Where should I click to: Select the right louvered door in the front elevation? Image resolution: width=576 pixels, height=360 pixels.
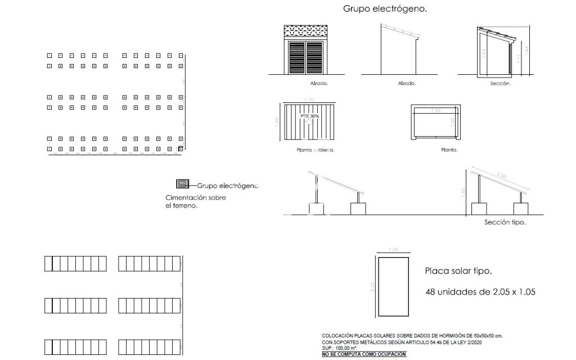[314, 57]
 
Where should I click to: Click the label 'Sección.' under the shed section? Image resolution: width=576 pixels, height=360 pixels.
[500, 83]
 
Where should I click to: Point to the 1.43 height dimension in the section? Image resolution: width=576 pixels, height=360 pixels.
[484, 55]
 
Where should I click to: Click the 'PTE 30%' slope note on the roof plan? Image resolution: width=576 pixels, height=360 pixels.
[309, 116]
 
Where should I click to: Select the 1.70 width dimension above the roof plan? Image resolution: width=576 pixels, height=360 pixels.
[309, 100]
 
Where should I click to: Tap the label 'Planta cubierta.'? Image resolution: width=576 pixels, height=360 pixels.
[315, 150]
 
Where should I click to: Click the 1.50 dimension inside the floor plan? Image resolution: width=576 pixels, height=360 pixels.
[435, 111]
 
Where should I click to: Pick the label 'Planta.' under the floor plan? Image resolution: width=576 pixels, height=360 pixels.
[449, 150]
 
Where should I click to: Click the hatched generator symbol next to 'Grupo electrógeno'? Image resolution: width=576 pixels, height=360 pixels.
[182, 184]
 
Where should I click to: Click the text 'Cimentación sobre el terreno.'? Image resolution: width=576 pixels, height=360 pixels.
[195, 202]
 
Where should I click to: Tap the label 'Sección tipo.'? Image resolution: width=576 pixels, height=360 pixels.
[505, 222]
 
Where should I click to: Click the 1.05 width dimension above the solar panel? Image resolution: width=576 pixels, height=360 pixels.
[393, 249]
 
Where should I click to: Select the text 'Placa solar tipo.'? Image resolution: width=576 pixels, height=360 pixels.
[458, 271]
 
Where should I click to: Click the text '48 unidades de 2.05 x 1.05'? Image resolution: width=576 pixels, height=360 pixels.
[479, 292]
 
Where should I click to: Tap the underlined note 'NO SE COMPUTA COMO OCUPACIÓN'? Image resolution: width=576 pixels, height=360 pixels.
[363, 354]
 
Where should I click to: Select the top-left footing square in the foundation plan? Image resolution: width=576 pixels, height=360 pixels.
[49, 55]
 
